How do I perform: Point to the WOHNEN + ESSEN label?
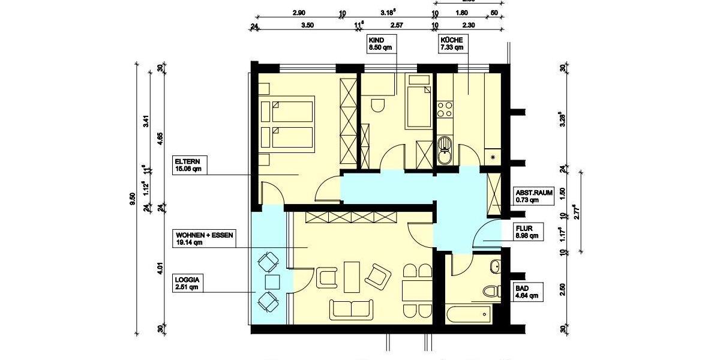[x=203, y=239]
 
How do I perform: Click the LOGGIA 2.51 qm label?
[x=187, y=283]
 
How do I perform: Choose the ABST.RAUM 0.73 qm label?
[x=533, y=196]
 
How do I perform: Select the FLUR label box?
[x=528, y=232]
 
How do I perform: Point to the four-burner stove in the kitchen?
[x=445, y=109]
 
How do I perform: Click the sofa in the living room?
[x=351, y=309]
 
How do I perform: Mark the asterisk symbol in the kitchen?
[x=493, y=157]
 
